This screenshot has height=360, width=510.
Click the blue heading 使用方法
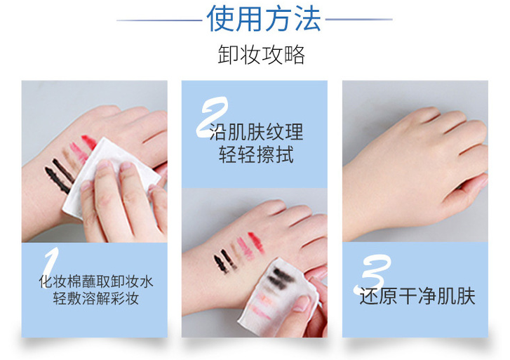click(264, 19)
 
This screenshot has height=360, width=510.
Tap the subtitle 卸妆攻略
click(261, 55)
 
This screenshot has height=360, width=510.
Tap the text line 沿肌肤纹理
click(256, 133)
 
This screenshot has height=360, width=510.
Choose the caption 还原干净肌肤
click(417, 295)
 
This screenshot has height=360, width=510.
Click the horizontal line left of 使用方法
click(159, 20)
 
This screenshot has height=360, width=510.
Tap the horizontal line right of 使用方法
click(358, 20)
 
